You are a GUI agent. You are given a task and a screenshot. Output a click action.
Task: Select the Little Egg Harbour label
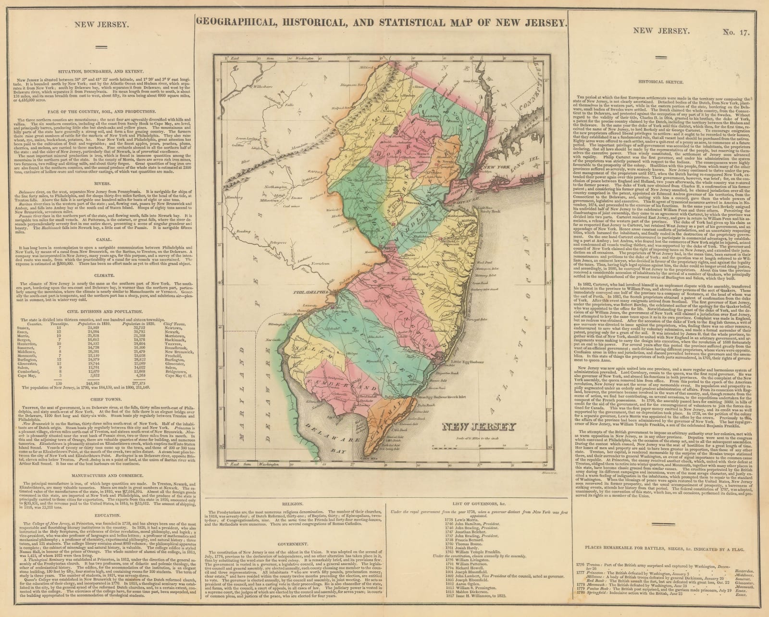pyautogui.click(x=465, y=361)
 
